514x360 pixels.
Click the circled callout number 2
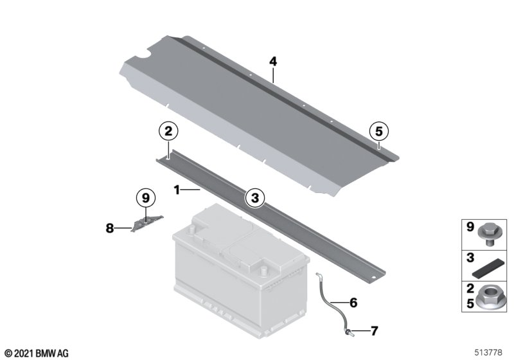168,132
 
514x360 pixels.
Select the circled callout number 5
378,132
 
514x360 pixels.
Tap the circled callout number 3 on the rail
254,198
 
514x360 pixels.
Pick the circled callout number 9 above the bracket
146,198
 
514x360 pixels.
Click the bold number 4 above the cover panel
273,62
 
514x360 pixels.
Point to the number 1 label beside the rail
177,190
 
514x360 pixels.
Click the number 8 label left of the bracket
110,228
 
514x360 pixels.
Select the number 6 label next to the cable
353,302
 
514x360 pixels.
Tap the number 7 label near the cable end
375,331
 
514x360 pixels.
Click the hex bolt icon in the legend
488,235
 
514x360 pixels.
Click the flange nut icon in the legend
488,298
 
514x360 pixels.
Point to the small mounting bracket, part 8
146,223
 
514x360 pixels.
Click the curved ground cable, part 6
331,301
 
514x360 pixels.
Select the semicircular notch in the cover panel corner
143,54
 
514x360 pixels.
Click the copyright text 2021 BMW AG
37,354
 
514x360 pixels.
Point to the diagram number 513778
488,352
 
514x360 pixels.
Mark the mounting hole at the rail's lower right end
373,278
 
